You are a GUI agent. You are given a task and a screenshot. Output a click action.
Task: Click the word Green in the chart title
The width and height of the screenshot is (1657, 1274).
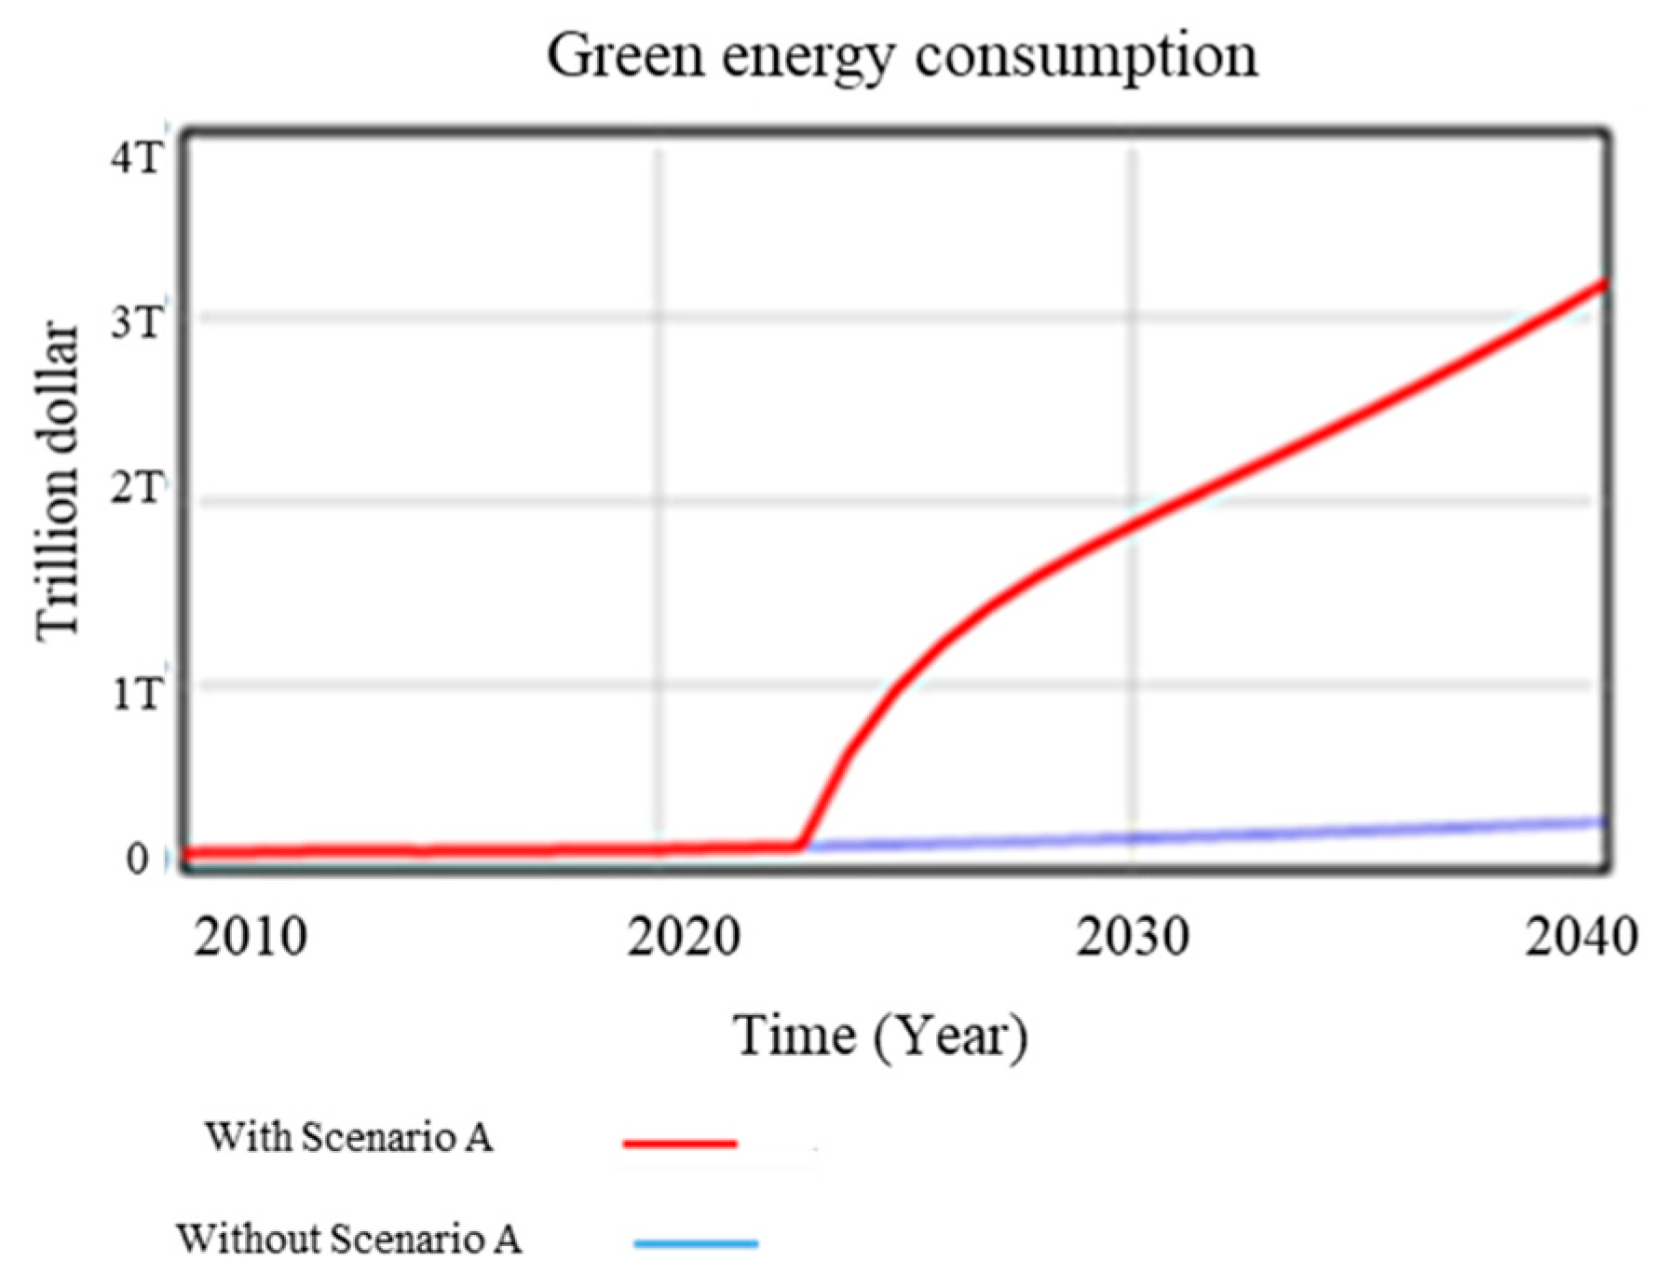point(624,56)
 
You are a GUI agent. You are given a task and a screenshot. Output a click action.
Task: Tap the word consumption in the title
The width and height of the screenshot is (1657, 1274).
point(1086,56)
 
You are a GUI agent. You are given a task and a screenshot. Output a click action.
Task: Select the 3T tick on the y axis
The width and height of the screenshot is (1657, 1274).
point(136,322)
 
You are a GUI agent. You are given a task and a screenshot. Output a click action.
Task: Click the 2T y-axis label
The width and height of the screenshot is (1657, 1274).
point(136,487)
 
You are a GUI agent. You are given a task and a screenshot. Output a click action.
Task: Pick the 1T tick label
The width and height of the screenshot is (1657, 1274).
point(136,694)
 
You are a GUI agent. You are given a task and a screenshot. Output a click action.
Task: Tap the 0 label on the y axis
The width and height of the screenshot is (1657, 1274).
point(138,859)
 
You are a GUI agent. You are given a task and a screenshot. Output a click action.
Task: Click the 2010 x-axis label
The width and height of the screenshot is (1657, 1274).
point(250,937)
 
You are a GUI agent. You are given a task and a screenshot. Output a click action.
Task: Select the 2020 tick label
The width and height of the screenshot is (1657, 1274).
point(683,937)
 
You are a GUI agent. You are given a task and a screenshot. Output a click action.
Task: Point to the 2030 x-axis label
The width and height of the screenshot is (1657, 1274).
point(1132,937)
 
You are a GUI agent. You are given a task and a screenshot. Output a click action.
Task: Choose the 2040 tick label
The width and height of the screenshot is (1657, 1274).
point(1580,937)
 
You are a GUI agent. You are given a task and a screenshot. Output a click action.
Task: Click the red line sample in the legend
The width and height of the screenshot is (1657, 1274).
point(680,1142)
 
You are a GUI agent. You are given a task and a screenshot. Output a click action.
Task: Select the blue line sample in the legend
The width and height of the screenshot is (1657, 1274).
point(695,1242)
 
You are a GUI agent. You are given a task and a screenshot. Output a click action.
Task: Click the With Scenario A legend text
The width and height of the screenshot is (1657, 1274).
point(348,1137)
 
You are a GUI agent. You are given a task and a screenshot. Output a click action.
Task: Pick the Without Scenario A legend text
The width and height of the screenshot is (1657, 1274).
point(348,1239)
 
